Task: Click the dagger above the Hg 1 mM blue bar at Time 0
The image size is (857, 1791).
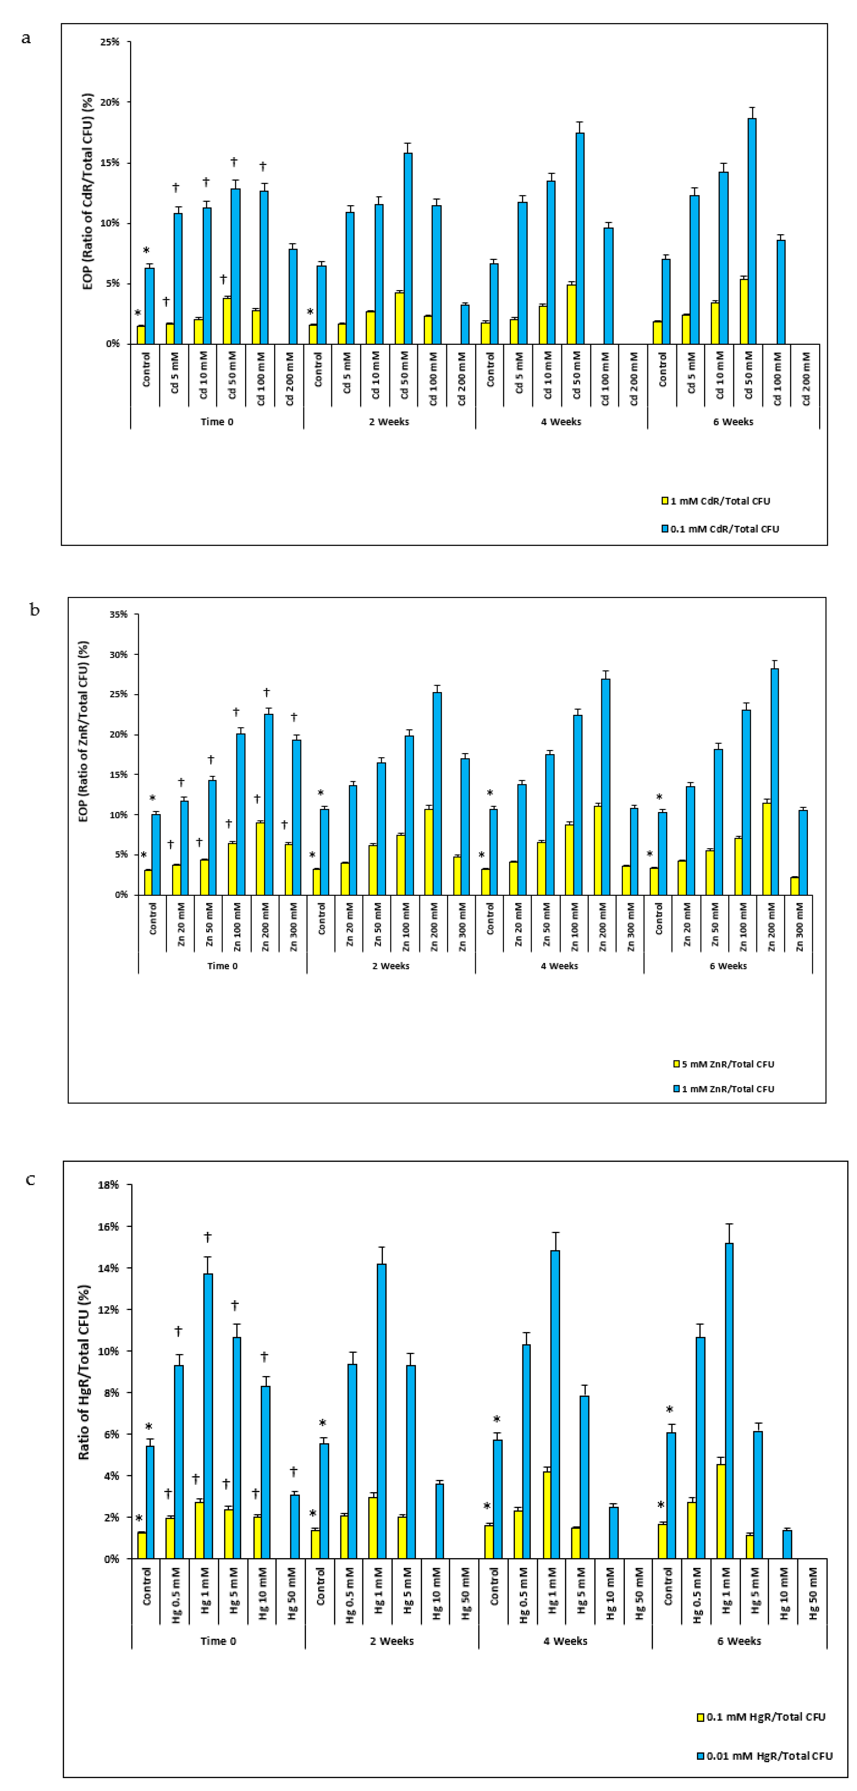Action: pyautogui.click(x=207, y=1237)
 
